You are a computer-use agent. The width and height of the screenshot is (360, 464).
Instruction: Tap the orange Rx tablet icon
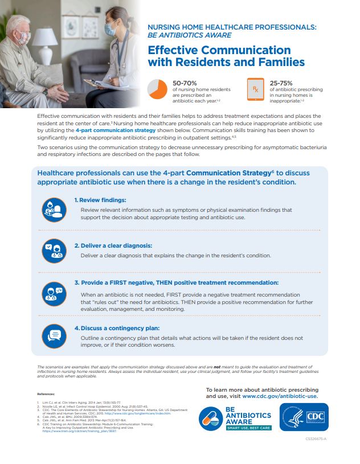(256, 90)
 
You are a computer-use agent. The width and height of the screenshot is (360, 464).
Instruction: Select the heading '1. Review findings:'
(100, 200)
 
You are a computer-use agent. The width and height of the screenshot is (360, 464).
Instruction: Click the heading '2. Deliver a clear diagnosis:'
(113, 245)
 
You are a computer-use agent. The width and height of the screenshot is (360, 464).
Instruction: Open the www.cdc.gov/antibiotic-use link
(280, 396)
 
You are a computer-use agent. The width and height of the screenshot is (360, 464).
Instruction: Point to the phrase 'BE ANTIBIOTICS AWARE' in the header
(183, 34)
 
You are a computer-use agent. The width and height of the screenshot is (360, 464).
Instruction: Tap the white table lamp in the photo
(44, 40)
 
